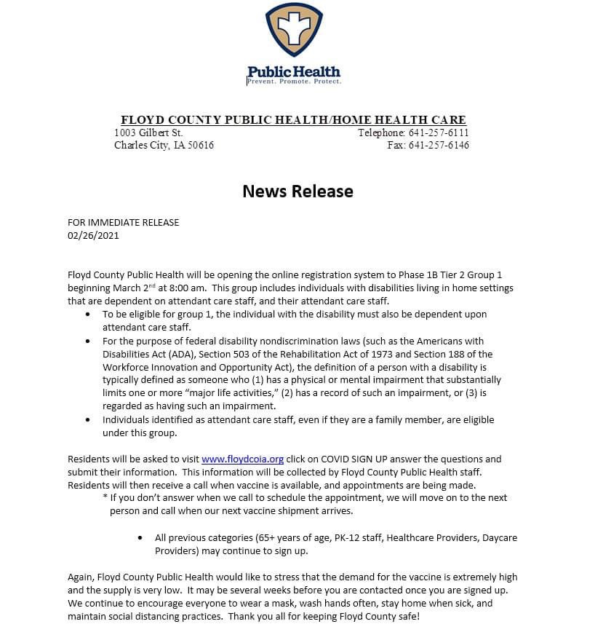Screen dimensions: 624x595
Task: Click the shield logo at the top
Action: (x=294, y=33)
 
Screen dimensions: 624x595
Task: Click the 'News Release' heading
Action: (x=297, y=191)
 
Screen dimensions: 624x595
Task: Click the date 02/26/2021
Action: (x=93, y=235)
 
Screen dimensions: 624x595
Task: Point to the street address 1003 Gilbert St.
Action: (x=148, y=133)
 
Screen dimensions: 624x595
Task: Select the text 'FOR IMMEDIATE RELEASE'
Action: (x=123, y=222)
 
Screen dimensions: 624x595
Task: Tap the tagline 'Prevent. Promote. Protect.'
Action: (x=294, y=82)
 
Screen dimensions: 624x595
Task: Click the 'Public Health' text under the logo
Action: (x=294, y=71)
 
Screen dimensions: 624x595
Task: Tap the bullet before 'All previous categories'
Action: (x=140, y=538)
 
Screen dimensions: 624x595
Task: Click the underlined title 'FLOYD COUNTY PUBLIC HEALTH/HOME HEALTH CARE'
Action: (x=293, y=120)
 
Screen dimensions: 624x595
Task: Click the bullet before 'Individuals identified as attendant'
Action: (x=88, y=420)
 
